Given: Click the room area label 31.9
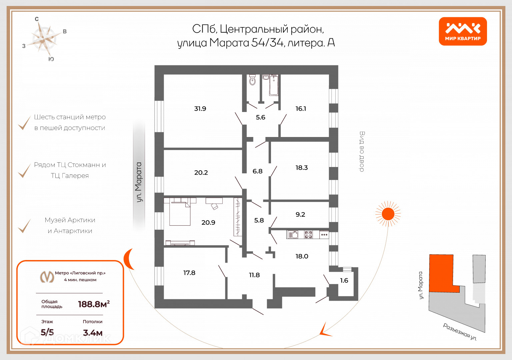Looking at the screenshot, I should click(x=200, y=109).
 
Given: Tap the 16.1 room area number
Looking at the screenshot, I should click(x=301, y=109).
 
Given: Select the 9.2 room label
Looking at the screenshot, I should click(x=300, y=214).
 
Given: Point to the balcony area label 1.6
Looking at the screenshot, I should click(x=344, y=280).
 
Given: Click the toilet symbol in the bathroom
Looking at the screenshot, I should click(x=252, y=80).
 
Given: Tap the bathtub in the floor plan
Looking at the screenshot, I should click(x=274, y=85).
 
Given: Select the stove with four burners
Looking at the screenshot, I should click(x=308, y=235).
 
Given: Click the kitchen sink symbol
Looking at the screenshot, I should click(x=293, y=235).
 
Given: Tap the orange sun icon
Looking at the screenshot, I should click(x=388, y=214).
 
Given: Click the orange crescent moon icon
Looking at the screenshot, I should click(x=128, y=259).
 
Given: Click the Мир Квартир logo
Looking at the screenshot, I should click(x=463, y=31).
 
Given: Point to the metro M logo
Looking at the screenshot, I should click(x=47, y=276).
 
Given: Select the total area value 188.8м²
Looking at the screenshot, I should click(x=94, y=304).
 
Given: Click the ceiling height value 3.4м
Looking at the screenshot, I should click(x=93, y=333).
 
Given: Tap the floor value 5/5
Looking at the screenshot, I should click(x=47, y=332).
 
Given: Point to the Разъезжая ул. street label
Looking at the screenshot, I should click(x=460, y=332).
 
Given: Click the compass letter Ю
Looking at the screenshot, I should click(x=51, y=59).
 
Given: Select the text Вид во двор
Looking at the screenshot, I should click(x=362, y=152).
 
